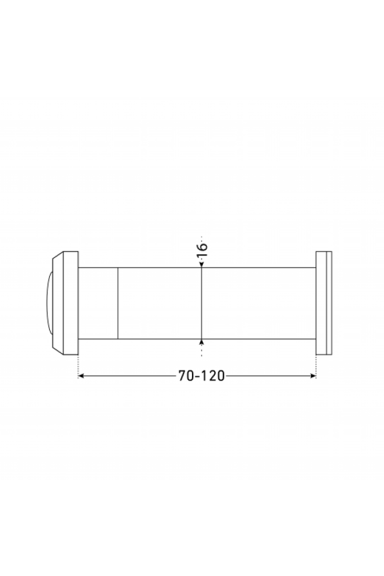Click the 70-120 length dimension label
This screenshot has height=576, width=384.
(x=202, y=376)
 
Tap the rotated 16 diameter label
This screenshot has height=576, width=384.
(x=202, y=251)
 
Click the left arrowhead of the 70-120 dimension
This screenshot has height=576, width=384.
(x=81, y=376)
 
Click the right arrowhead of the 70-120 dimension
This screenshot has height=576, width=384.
(x=313, y=376)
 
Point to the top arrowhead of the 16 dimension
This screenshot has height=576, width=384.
(x=202, y=264)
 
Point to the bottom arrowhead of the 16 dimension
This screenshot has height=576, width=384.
(x=202, y=342)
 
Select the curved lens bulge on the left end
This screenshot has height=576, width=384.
(x=49, y=303)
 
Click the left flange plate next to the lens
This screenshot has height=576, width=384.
(x=71, y=303)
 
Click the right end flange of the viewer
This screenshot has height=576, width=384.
(x=324, y=303)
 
